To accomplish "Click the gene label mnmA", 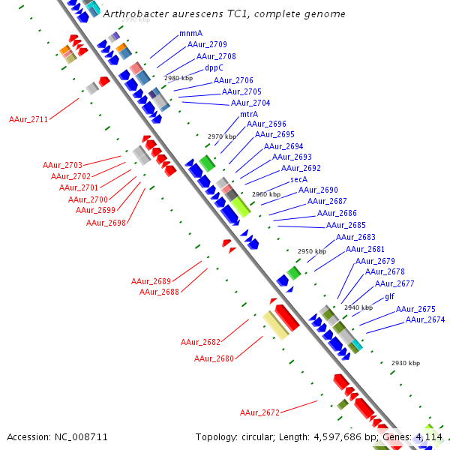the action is coord(190,33).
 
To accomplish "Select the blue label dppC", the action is coord(214,68).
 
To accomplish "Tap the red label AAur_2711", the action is coord(28,119).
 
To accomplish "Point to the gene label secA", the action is coord(298,179).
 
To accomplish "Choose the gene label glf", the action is coord(389,296).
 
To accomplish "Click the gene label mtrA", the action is coord(249,114).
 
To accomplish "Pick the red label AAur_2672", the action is coord(259,412).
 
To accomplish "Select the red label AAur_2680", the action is coord(214,358).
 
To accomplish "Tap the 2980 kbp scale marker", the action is coord(178,78).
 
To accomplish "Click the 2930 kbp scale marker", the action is coord(406,363).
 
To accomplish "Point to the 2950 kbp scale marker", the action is coord(312,251).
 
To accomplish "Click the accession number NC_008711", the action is coord(81,437).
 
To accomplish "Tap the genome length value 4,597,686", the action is coord(337,437).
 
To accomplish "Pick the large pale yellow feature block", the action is coord(276,325).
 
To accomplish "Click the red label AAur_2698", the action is coord(106,223).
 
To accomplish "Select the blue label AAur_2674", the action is coord(425,319).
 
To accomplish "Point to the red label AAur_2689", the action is coord(151,281).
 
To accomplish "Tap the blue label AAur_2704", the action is coord(250,103).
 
